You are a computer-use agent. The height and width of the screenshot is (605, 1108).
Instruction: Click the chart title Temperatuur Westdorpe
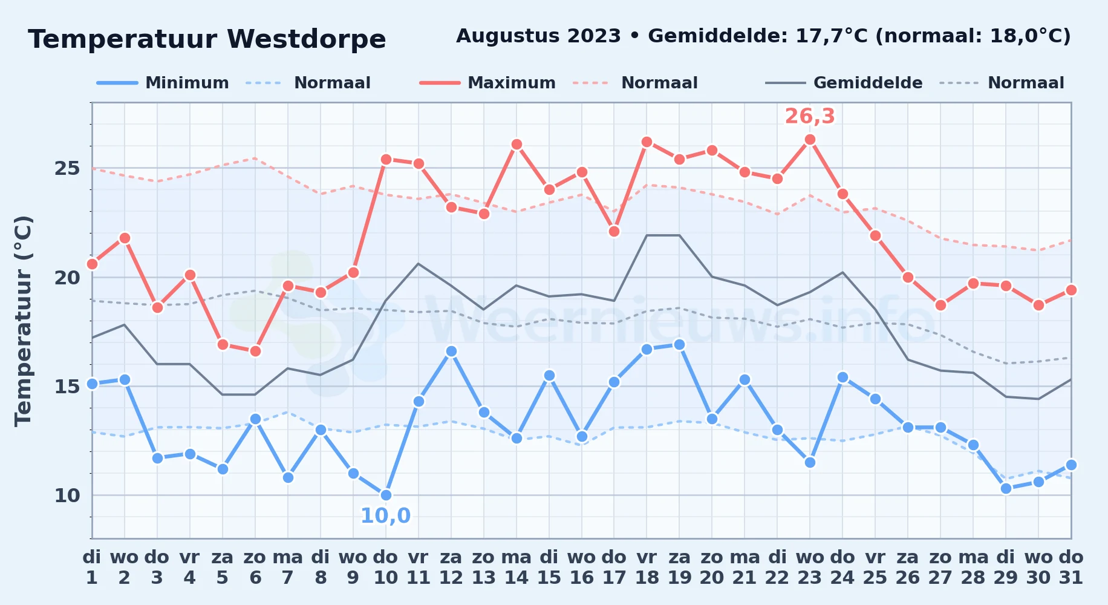[x=207, y=39]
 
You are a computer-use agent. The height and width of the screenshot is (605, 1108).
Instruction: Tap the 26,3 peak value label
[x=810, y=116]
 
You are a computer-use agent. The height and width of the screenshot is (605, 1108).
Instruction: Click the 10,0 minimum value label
[x=385, y=515]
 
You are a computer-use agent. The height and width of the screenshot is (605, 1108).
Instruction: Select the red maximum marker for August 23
[x=810, y=140]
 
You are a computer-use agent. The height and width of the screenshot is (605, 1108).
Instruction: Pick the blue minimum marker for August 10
[x=386, y=495]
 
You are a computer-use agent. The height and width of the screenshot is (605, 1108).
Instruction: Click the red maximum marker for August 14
[x=517, y=144]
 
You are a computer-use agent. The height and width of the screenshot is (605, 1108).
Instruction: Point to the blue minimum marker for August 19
[x=679, y=344]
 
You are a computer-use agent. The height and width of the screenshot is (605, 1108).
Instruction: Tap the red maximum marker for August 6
[x=255, y=351]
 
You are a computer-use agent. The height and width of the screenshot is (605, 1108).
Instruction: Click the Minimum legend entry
[x=163, y=83]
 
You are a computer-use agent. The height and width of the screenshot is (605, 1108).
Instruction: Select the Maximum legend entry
[x=487, y=83]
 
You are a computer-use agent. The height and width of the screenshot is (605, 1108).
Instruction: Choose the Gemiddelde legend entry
[x=844, y=83]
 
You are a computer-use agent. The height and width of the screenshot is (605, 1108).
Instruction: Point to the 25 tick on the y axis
[x=67, y=168]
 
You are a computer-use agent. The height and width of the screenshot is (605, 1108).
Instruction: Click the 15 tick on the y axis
[x=67, y=386]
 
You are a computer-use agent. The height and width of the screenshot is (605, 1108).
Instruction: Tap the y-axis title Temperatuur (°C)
[x=23, y=321]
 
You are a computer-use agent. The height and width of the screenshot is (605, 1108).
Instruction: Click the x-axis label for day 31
[x=1071, y=567]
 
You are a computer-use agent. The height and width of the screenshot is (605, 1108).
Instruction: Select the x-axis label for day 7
[x=288, y=567]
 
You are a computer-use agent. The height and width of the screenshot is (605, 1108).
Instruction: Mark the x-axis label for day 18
[x=647, y=567]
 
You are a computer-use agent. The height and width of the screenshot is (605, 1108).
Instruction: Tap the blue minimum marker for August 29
[x=1006, y=488]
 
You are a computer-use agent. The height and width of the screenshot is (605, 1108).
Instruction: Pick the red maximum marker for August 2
[x=125, y=238]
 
